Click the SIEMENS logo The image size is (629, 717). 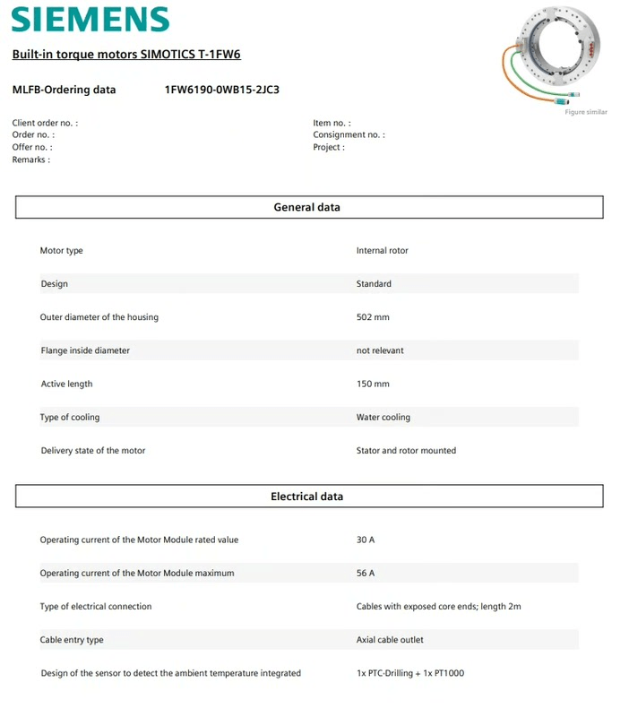pyautogui.click(x=90, y=21)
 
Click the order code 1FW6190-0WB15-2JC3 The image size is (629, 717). pyautogui.click(x=222, y=90)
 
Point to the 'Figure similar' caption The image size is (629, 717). pyautogui.click(x=585, y=112)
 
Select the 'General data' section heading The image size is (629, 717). pyautogui.click(x=307, y=207)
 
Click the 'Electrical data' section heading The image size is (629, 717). pyautogui.click(x=307, y=497)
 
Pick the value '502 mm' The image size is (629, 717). pyautogui.click(x=373, y=317)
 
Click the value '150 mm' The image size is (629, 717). pyautogui.click(x=373, y=384)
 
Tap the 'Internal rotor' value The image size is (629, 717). pyautogui.click(x=382, y=251)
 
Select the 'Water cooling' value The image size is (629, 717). pyautogui.click(x=383, y=418)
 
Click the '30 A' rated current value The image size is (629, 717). pyautogui.click(x=366, y=540)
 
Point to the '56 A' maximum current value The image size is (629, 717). pyautogui.click(x=366, y=574)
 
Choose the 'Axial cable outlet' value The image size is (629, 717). pyautogui.click(x=390, y=640)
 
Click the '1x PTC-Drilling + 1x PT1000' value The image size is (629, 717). pyautogui.click(x=410, y=673)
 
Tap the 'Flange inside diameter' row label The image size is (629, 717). pyautogui.click(x=85, y=350)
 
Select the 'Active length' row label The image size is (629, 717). pyautogui.click(x=67, y=384)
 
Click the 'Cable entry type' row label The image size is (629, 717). pyautogui.click(x=72, y=640)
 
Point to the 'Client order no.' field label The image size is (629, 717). pyautogui.click(x=45, y=123)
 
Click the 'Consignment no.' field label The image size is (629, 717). pyautogui.click(x=349, y=135)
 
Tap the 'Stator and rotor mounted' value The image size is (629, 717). pyautogui.click(x=406, y=451)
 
